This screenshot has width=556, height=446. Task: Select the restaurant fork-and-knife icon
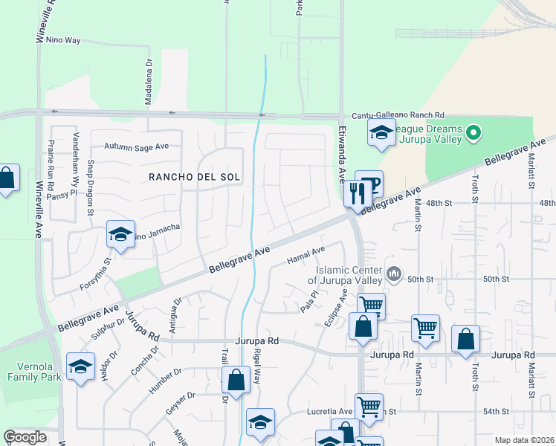tap(358, 194)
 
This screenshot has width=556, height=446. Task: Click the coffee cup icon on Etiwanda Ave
tap(369, 184)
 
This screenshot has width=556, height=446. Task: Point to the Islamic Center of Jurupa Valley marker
tap(394, 275)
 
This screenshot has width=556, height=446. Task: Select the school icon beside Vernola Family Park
tap(80, 366)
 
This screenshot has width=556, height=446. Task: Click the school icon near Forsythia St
tap(120, 235)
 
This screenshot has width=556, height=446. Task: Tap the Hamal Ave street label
tap(306, 256)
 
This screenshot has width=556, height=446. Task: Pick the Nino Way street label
tap(62, 40)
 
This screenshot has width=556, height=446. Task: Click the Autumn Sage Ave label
tap(137, 147)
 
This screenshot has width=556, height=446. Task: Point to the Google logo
tap(25, 437)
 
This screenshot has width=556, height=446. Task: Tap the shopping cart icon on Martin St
tap(425, 327)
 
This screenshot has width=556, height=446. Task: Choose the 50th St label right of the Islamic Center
tap(420, 279)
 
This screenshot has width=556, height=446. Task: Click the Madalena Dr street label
tap(148, 74)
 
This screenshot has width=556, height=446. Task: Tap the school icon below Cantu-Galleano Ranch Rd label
tap(381, 135)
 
